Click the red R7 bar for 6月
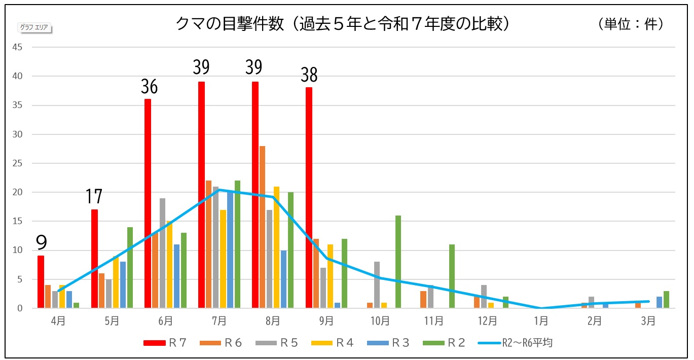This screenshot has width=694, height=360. click(148, 203)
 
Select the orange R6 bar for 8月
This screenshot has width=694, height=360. click(262, 227)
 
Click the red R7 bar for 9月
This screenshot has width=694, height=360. click(309, 198)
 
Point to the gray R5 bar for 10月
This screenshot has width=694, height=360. click(377, 284)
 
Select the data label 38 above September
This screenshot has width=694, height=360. click(309, 76)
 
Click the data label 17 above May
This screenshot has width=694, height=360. click(94, 197)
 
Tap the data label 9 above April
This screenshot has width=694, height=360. click(41, 243)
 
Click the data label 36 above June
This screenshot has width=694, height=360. click(149, 87)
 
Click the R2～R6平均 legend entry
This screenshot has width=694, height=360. click(516, 343)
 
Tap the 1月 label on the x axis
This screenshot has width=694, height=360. click(541, 320)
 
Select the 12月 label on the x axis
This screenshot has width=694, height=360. click(487, 320)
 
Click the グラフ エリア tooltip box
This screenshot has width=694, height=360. click(35, 27)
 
